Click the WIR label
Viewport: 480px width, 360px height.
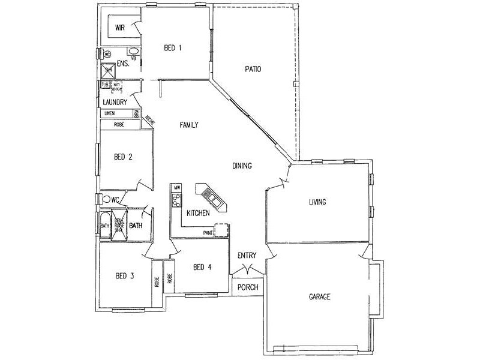120,27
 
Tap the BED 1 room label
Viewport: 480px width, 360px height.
173,47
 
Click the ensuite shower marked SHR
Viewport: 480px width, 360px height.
109,71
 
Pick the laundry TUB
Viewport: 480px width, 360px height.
106,85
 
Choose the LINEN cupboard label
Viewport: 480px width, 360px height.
109,113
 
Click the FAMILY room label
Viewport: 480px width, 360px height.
189,125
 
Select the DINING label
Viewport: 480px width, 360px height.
242,166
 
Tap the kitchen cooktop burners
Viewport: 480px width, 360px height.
177,203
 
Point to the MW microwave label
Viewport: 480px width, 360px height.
177,188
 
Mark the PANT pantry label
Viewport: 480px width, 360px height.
208,232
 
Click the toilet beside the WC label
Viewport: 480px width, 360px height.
107,199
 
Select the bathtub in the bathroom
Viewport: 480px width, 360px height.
105,225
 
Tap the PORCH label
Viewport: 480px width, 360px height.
248,287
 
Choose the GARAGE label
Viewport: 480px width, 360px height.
320,297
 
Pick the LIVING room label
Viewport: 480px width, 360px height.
317,202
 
